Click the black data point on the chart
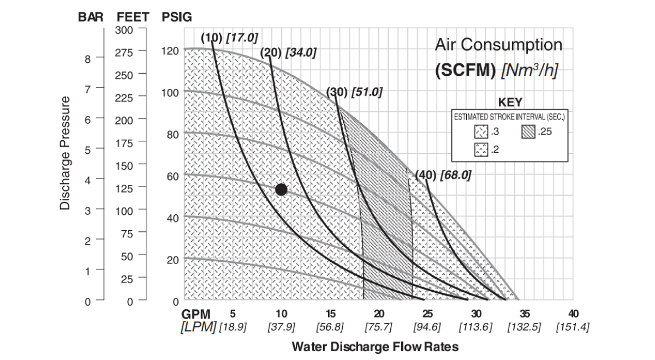click(x=281, y=189)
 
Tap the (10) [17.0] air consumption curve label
click(x=229, y=38)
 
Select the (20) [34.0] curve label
click(x=288, y=52)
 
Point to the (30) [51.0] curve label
click(x=354, y=92)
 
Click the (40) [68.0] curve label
click(x=443, y=175)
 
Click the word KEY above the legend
click(x=510, y=102)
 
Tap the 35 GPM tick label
click(x=525, y=314)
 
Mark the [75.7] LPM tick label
click(x=379, y=327)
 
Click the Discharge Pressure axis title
click(x=65, y=153)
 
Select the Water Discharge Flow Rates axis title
click(x=375, y=346)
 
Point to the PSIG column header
click(x=177, y=17)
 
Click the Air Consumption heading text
click(x=498, y=45)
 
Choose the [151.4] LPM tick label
click(x=573, y=327)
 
